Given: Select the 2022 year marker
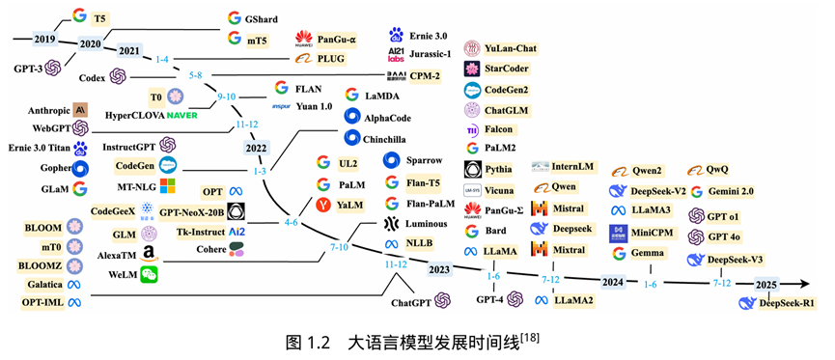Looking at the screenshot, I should [x=256, y=148].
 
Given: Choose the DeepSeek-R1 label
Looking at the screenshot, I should [x=787, y=303].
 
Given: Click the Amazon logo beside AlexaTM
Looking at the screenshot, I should [x=149, y=254].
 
